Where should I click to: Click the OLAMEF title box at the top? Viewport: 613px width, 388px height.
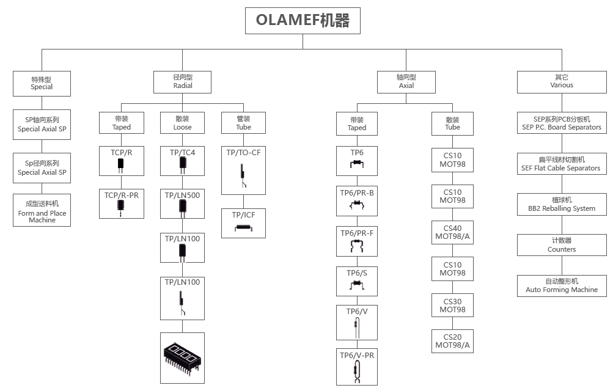pyautogui.click(x=303, y=21)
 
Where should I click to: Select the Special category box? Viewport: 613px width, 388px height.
pyautogui.click(x=42, y=82)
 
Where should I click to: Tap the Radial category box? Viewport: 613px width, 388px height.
pyautogui.click(x=183, y=82)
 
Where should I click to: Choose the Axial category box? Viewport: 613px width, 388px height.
pyautogui.click(x=406, y=82)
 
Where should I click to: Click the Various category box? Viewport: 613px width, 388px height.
pyautogui.click(x=561, y=81)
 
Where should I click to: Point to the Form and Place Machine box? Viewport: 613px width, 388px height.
pyautogui.click(x=42, y=210)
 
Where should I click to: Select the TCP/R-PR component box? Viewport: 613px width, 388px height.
pyautogui.click(x=121, y=203)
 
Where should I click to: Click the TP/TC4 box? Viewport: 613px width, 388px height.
pyautogui.click(x=182, y=161)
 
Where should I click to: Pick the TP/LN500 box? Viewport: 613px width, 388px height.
pyautogui.click(x=182, y=203)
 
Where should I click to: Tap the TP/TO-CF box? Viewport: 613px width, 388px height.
pyautogui.click(x=243, y=170)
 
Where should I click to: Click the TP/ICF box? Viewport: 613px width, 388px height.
pyautogui.click(x=243, y=222)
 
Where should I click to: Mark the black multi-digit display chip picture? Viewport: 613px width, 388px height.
pyautogui.click(x=182, y=357)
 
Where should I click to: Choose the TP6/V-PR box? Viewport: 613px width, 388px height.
pyautogui.click(x=357, y=366)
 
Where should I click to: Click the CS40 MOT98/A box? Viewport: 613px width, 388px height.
pyautogui.click(x=452, y=233)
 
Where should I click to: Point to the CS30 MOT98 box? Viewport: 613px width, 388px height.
pyautogui.click(x=452, y=306)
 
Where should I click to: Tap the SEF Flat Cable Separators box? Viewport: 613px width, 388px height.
pyautogui.click(x=561, y=164)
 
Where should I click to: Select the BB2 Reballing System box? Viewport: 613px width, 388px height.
pyautogui.click(x=561, y=204)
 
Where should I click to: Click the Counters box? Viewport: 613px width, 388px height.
pyautogui.click(x=561, y=245)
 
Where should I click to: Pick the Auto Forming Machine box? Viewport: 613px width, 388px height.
pyautogui.click(x=561, y=285)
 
